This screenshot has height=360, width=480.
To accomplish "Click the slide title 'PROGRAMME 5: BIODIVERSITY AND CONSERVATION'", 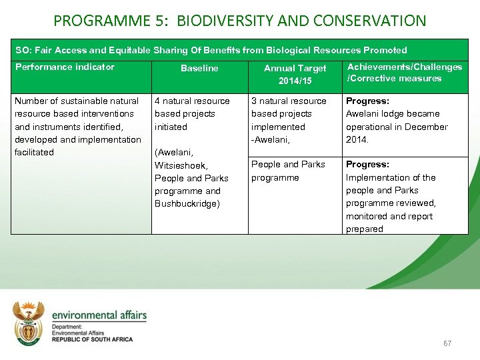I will pos(239,21).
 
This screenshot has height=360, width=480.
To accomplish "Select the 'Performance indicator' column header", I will pos(65,67).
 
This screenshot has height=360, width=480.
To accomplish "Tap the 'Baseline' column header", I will pos(199,68).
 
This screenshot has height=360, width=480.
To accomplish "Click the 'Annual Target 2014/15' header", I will pos(295,74).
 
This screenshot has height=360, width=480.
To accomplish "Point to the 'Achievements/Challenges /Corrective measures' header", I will pos(405,73).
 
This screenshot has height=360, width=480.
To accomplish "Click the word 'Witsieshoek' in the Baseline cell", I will pos(181,165).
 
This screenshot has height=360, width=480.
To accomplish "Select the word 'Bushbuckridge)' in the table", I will pos(187,203).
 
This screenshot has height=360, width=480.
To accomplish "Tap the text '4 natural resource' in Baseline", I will pos(192,101).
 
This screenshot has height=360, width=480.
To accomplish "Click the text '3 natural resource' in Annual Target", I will pos(289,101).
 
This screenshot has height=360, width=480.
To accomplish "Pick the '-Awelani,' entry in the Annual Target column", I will pos(270,139).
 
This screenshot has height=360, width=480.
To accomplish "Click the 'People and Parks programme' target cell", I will pos(288,171).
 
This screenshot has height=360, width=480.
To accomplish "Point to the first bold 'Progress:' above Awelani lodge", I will pos(367,101).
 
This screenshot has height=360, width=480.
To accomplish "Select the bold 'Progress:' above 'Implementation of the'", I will pos(367,165).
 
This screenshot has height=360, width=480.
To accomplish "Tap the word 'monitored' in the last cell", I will pos(366,216).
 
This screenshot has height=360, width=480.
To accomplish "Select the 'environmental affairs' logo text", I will pos(99,315).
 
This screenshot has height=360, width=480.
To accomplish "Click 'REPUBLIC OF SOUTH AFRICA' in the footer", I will pos(92,339).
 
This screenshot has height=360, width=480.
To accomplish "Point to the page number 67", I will pos(447,343).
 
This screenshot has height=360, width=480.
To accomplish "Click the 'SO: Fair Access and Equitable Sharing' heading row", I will pos(211,50).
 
